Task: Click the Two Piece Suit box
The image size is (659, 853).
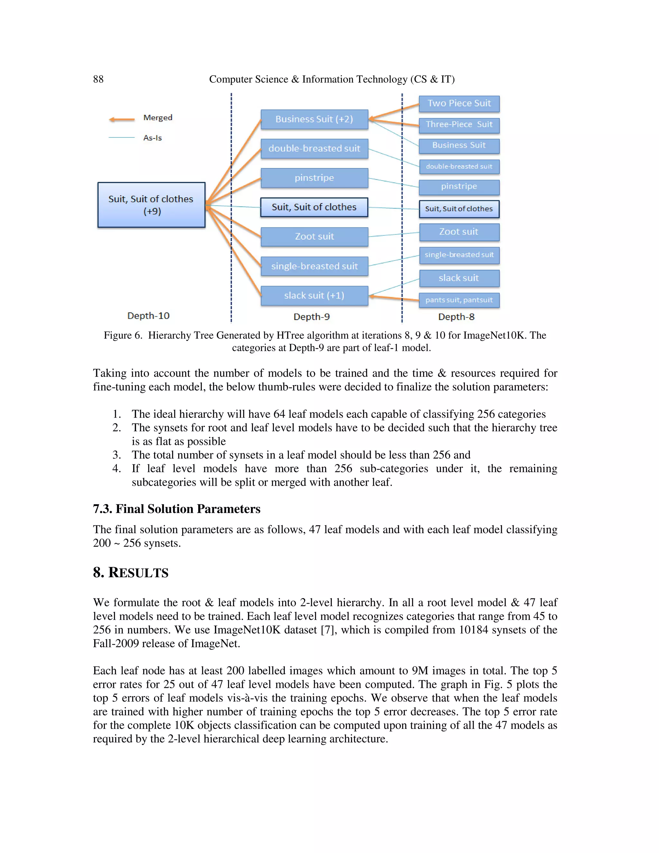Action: pyautogui.click(x=459, y=104)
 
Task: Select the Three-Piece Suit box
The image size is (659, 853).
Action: pyautogui.click(x=459, y=125)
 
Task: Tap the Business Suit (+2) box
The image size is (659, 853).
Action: pyautogui.click(x=314, y=119)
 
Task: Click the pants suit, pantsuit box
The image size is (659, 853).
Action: pyautogui.click(x=459, y=300)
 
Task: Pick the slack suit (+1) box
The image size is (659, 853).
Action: pyautogui.click(x=314, y=296)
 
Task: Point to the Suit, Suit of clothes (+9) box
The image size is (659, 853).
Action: pyautogui.click(x=151, y=205)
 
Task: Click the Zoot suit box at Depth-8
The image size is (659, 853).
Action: pyautogui.click(x=459, y=232)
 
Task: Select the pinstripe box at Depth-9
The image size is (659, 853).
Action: pyautogui.click(x=314, y=178)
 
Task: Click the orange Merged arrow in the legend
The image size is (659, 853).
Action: pyautogui.click(x=121, y=119)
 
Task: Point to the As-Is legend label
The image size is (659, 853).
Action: pyautogui.click(x=152, y=138)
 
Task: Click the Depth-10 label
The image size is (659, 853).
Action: pyautogui.click(x=148, y=315)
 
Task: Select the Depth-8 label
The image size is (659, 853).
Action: pyautogui.click(x=456, y=317)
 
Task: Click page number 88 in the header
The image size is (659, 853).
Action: pyautogui.click(x=98, y=79)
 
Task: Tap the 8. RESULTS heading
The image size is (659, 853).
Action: pyautogui.click(x=130, y=573)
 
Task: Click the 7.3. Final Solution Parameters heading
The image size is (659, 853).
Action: pyautogui.click(x=176, y=509)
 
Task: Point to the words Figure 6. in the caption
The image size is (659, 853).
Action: pyautogui.click(x=123, y=335)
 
